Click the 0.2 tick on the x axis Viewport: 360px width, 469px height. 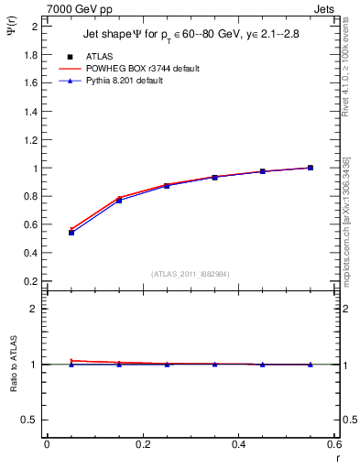point(142,444)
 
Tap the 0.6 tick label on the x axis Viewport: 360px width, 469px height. point(333,444)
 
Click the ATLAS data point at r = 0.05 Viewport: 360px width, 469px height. point(71,233)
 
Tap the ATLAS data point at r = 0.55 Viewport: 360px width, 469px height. point(311,168)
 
